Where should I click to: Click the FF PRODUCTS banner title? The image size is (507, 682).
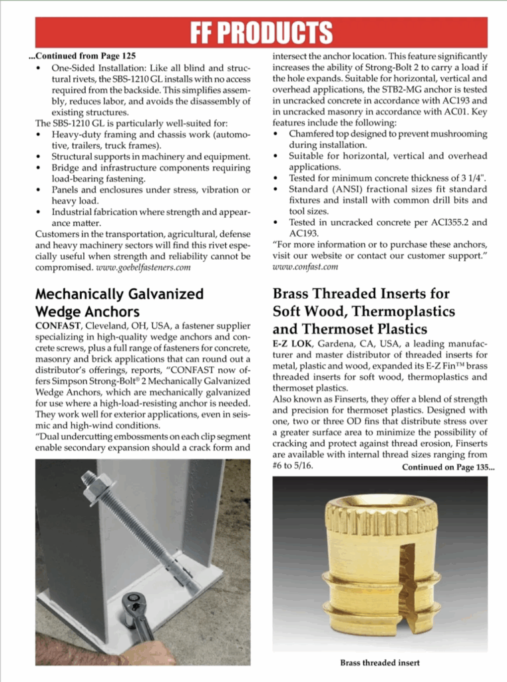[261, 32]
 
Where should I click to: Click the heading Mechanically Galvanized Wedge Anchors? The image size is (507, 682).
[120, 302]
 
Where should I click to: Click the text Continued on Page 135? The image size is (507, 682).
[448, 467]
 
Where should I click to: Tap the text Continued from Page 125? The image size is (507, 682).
[86, 55]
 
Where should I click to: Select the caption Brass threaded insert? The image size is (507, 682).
[380, 662]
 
